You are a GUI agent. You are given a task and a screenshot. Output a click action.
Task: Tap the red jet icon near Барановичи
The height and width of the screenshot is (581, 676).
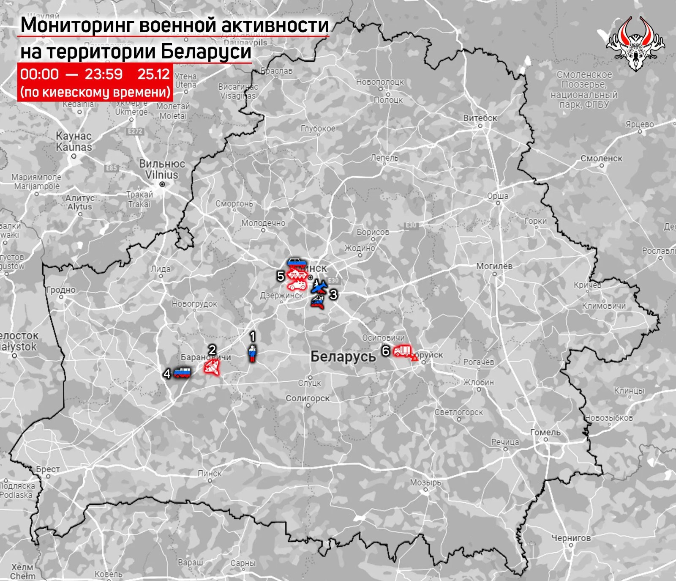coord(213,366)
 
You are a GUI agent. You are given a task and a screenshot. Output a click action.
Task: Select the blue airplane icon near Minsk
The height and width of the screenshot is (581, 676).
coord(319,287)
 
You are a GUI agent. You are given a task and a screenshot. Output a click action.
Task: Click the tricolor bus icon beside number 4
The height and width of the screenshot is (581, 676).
coord(182,373)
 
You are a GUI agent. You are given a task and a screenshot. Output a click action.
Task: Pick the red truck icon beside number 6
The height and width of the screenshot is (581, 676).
coord(402,351)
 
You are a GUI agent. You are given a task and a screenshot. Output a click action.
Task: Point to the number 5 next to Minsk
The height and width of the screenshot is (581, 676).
coord(281,276)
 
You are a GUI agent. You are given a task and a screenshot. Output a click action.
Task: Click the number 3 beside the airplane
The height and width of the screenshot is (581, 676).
coord(333,294)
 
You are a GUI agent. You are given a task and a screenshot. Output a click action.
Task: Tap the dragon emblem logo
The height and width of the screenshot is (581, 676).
coord(635,44)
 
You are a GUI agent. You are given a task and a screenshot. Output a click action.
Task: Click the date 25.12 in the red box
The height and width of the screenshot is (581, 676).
coord(153,74)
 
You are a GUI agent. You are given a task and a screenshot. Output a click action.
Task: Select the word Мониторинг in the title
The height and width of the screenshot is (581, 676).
coord(77,25)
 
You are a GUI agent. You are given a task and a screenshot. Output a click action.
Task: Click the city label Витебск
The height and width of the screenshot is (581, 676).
coord(480,118)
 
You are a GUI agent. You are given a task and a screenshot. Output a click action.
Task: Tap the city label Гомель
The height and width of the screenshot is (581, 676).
coord(545,432)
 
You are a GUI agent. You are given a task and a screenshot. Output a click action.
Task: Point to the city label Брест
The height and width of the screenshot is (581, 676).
coord(48,469)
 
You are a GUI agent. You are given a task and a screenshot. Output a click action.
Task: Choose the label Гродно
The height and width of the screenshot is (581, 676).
coord(61,290)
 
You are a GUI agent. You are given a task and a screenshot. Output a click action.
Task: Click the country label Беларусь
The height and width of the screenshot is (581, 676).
coord(343,356)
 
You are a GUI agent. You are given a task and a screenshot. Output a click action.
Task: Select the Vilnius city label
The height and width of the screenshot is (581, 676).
coord(162,175)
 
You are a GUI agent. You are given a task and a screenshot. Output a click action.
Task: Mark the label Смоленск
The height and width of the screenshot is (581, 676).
coord(601,158)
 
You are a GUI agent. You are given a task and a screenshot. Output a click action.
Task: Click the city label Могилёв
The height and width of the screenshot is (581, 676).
coord(494,266)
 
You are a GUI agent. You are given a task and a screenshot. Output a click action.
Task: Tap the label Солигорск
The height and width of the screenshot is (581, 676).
coord(308,398)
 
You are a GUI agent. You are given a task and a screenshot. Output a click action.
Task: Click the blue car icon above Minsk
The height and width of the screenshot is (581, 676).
coord(297,262)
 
